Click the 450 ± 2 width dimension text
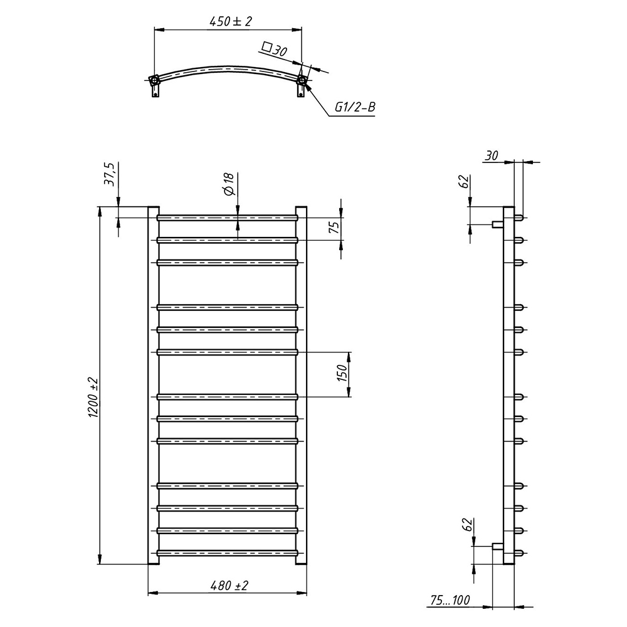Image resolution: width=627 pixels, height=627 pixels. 231,21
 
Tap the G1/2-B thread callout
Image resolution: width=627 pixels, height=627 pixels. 355,107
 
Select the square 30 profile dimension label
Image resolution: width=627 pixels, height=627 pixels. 275,49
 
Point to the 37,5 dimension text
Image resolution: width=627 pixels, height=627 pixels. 109,174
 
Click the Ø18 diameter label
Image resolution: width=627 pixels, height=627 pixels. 228,184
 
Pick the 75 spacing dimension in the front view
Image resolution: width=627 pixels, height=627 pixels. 334,226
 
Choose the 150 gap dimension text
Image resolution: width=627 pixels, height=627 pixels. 343,373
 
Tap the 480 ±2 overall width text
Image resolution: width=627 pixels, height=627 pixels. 229,586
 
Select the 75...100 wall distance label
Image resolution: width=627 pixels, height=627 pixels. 450,600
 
